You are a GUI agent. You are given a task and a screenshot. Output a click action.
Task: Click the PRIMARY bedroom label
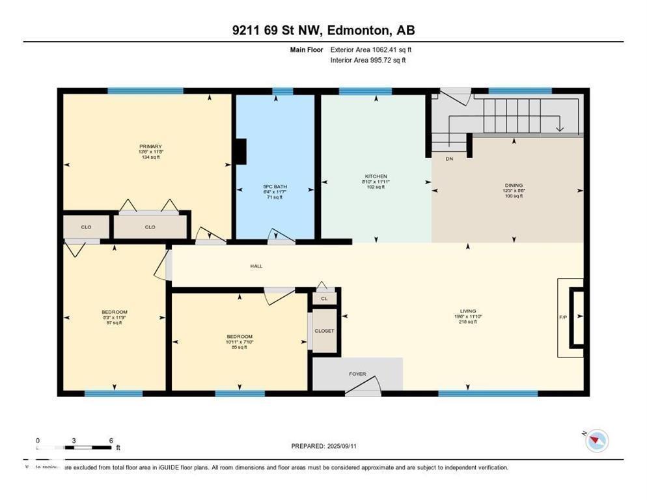pyautogui.click(x=150, y=146)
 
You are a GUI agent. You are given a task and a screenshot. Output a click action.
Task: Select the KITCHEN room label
pyautogui.click(x=376, y=176)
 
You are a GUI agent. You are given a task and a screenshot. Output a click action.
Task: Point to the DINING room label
pyautogui.click(x=514, y=185)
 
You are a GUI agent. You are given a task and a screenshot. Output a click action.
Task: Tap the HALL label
pyautogui.click(x=256, y=266)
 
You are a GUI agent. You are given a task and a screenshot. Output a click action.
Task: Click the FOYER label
pyautogui.click(x=357, y=374)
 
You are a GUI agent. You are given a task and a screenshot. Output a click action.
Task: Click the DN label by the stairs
pyautogui.click(x=449, y=158)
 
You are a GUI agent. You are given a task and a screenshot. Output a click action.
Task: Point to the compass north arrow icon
pyautogui.click(x=596, y=441)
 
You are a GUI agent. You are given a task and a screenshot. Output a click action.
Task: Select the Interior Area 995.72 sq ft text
pyautogui.click(x=368, y=60)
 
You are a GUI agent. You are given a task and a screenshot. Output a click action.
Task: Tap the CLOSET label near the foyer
pyautogui.click(x=324, y=331)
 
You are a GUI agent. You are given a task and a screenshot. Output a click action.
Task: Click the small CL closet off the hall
pyautogui.click(x=324, y=298)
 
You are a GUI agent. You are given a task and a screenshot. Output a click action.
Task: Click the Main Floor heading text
pyautogui.click(x=307, y=49)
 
